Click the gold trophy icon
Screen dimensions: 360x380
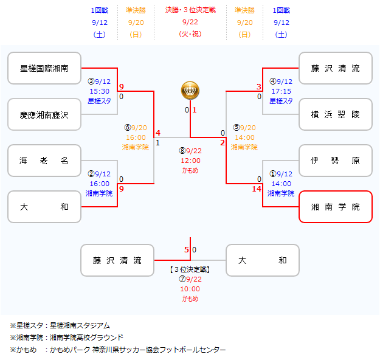click(x=190, y=91)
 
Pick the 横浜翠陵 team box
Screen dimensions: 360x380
click(x=336, y=114)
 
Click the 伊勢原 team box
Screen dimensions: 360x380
click(x=336, y=161)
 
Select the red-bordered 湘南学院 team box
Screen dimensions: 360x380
click(x=336, y=207)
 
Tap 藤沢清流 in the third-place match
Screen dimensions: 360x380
click(x=117, y=260)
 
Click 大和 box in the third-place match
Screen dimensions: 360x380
click(x=263, y=260)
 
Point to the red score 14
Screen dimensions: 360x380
click(x=256, y=189)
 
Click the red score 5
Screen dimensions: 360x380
click(x=187, y=249)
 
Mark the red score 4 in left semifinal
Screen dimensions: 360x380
click(x=157, y=133)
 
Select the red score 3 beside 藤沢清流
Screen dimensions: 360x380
click(x=258, y=87)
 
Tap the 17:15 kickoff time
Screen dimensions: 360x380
click(x=280, y=91)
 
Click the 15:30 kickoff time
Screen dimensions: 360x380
click(x=99, y=91)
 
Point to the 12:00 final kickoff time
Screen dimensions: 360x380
click(x=190, y=161)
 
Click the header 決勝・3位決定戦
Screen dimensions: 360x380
click(x=190, y=10)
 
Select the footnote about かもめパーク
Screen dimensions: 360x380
click(x=118, y=350)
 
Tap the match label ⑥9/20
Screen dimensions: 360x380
click(x=136, y=128)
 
